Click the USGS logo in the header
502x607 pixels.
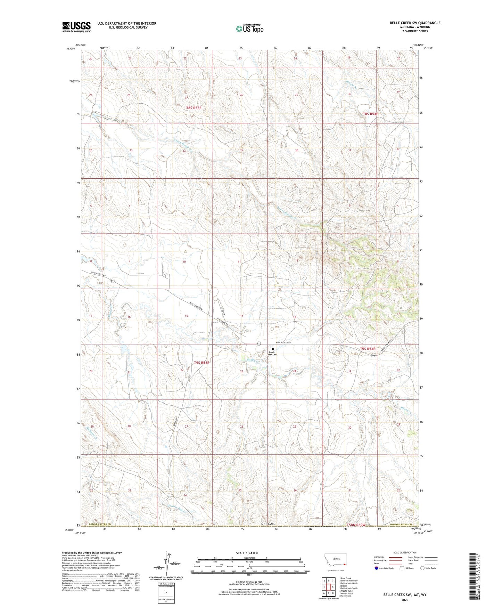(76, 27)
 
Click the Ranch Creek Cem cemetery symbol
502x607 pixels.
(273, 348)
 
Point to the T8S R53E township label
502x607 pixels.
(194, 108)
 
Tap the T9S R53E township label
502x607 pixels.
(202, 363)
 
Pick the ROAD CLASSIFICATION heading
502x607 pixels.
(405, 552)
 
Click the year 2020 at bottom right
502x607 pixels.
(404, 600)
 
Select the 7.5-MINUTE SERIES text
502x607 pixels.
(415, 31)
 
